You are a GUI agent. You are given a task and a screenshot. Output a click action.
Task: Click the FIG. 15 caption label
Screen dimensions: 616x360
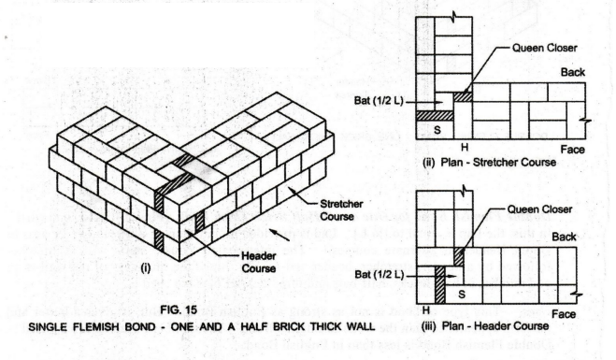(x=179, y=310)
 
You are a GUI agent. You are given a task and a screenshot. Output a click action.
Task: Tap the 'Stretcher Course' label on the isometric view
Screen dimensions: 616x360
(x=341, y=209)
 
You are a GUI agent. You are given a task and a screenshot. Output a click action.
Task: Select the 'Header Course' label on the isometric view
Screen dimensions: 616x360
(x=259, y=262)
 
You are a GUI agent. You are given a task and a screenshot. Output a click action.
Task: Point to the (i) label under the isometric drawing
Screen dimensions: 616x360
(x=146, y=268)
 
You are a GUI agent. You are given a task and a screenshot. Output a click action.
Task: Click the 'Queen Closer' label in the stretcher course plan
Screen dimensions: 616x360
(x=545, y=48)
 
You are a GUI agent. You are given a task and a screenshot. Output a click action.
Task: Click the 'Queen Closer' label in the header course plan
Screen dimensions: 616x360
(x=539, y=209)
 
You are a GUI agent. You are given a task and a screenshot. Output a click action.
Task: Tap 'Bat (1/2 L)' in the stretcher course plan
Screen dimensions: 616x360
(x=379, y=101)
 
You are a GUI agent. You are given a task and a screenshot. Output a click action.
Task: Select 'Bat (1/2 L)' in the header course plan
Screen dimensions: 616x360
(x=380, y=274)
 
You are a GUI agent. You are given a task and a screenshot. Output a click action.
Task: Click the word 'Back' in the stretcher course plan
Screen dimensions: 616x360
(x=573, y=72)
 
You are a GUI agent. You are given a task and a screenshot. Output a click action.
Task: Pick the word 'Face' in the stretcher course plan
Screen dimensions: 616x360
(x=572, y=150)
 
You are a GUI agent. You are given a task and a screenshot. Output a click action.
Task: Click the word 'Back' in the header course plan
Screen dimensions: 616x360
(x=565, y=237)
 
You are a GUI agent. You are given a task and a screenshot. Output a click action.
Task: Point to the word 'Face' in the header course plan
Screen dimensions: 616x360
(x=564, y=314)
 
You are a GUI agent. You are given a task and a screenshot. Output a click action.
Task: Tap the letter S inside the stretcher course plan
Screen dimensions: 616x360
(x=437, y=129)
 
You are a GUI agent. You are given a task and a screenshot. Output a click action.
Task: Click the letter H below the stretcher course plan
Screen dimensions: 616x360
(x=465, y=148)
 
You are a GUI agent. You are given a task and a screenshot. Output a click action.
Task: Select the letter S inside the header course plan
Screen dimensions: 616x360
(x=462, y=294)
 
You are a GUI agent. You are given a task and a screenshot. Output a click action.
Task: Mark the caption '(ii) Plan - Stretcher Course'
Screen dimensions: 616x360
(x=489, y=163)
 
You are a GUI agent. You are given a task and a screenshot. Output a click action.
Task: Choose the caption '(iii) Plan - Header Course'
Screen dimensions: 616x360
(x=485, y=325)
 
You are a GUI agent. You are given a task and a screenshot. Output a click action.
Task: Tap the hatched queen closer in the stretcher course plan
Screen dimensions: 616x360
(x=463, y=96)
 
